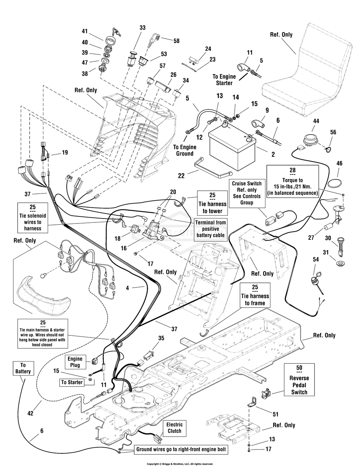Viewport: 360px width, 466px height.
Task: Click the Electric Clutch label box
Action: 174,428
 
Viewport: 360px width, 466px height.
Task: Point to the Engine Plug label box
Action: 75,362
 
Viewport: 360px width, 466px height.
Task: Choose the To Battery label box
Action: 23,368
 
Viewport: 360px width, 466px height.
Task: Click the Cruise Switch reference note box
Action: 247,193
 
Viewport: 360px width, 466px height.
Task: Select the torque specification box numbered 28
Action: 293,181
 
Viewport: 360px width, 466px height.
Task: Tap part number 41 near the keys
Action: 85,31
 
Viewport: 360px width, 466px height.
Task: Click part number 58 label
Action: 176,41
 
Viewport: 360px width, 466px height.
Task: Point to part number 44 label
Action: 316,121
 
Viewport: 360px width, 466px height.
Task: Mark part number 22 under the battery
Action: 181,175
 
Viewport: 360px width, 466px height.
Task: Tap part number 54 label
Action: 316,259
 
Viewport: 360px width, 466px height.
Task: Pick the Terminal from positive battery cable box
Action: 211,229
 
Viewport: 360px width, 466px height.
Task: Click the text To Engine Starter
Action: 224,80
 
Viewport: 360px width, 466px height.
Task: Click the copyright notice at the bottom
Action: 180,464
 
